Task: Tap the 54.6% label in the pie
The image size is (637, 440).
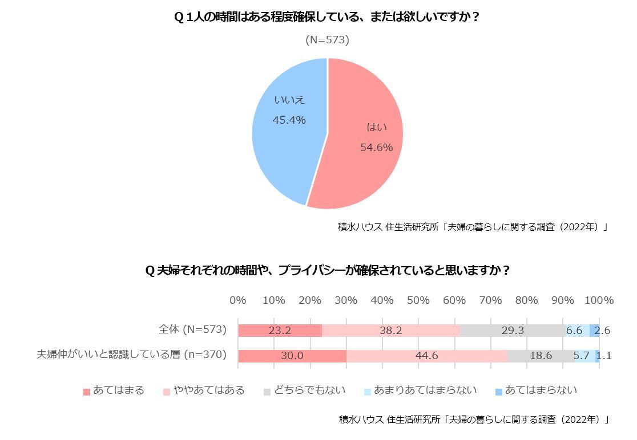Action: point(376,148)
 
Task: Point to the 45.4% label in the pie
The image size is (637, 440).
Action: point(289,120)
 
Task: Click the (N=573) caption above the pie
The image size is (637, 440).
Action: point(327,40)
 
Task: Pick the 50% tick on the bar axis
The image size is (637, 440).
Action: point(418,300)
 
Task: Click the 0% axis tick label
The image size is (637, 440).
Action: point(237,300)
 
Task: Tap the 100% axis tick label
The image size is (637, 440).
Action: point(599,300)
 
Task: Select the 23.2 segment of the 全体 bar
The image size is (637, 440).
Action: point(280,331)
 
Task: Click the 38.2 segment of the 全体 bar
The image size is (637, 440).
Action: point(390,331)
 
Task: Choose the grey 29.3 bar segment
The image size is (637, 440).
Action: point(511,331)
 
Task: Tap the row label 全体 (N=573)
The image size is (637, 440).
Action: point(192,329)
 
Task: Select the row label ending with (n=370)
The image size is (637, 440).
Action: point(131,355)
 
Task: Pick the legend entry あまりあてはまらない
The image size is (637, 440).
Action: point(425,390)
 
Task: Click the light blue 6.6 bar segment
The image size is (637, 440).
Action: point(574,331)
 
